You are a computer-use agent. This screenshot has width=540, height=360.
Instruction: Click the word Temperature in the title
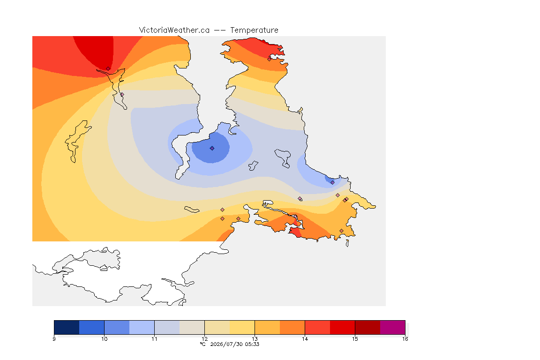[254, 30]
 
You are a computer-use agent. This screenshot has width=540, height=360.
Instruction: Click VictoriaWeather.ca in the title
[174, 30]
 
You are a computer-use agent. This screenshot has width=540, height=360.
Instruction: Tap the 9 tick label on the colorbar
[54, 339]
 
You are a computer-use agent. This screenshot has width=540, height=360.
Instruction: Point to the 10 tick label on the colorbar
[105, 339]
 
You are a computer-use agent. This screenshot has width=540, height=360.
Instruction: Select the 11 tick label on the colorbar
[154, 339]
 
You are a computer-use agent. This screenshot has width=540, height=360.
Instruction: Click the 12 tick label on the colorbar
[204, 339]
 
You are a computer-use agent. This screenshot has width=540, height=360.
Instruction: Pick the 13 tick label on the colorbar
[255, 339]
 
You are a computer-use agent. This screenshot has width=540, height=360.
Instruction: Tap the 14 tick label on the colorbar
[305, 339]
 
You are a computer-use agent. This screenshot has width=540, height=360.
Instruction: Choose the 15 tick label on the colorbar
[355, 339]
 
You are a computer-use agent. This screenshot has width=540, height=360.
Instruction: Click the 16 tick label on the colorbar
[405, 339]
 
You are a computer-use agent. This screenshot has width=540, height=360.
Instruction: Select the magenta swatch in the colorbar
[393, 327]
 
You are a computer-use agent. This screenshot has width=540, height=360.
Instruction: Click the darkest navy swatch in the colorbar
[67, 327]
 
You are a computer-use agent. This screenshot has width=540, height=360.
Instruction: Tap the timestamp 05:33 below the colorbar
[252, 344]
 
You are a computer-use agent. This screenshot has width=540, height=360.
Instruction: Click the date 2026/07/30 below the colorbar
[226, 344]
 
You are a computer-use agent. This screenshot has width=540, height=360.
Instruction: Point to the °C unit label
[203, 344]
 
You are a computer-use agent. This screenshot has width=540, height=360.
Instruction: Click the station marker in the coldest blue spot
[212, 148]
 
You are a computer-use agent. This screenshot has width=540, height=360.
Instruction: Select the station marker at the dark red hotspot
[108, 69]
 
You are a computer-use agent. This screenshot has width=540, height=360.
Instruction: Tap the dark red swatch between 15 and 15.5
[367, 327]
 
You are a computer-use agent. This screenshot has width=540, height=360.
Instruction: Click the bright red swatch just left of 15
[342, 327]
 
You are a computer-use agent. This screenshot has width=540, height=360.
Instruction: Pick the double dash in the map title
[220, 30]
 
